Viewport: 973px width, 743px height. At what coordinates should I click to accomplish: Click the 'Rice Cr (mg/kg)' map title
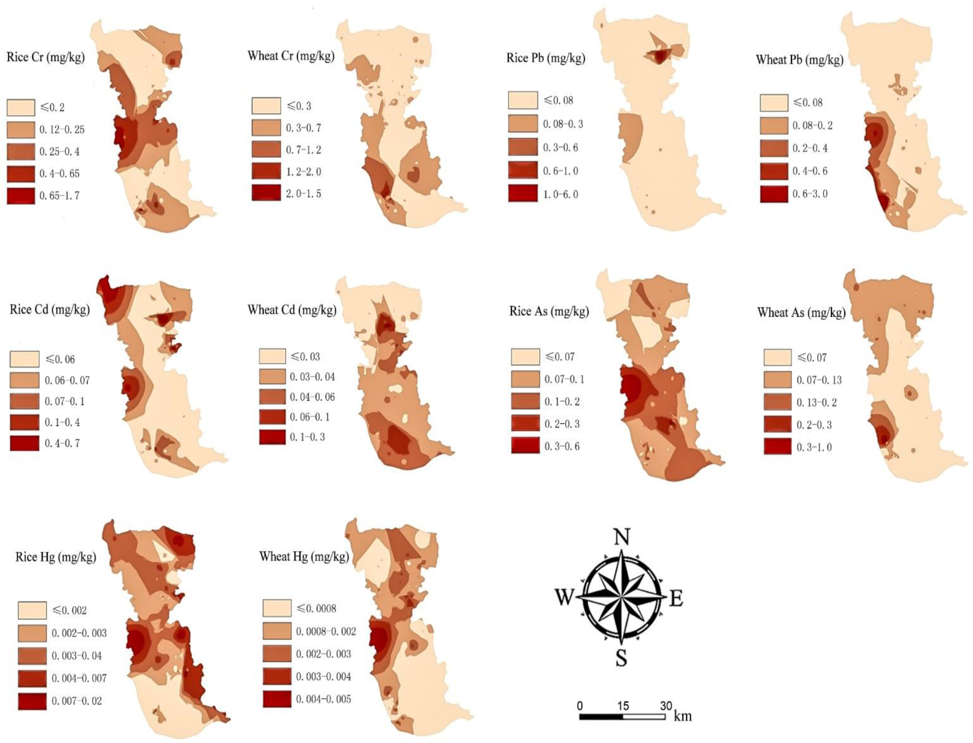pyautogui.click(x=45, y=57)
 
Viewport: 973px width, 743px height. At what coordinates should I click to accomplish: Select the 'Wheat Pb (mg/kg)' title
pyautogui.click(x=799, y=60)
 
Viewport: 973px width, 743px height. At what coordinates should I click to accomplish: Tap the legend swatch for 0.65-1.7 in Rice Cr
pyautogui.click(x=21, y=196)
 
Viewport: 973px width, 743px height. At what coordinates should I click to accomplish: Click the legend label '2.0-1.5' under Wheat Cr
pyautogui.click(x=303, y=194)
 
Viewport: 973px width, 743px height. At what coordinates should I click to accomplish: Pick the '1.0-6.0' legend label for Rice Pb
pyautogui.click(x=560, y=194)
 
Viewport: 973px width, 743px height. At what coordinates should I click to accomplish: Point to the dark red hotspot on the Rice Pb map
pyautogui.click(x=659, y=56)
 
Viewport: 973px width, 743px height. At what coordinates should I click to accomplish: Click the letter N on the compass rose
pyautogui.click(x=622, y=537)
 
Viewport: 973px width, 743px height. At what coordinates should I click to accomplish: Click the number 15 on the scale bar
pyautogui.click(x=623, y=706)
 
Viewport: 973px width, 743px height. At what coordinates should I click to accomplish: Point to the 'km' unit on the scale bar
pyautogui.click(x=682, y=716)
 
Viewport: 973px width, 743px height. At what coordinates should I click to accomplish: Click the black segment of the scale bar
pyautogui.click(x=601, y=716)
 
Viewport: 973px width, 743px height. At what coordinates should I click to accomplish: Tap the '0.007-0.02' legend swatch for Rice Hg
pyautogui.click(x=32, y=701)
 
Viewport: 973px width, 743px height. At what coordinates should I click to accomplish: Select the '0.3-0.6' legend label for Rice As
pyautogui.click(x=562, y=446)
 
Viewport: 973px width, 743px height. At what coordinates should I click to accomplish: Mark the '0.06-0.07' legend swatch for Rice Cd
pyautogui.click(x=24, y=380)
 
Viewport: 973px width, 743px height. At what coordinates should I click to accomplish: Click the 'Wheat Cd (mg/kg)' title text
pyautogui.click(x=292, y=310)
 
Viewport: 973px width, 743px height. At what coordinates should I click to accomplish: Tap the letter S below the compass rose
pyautogui.click(x=622, y=659)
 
